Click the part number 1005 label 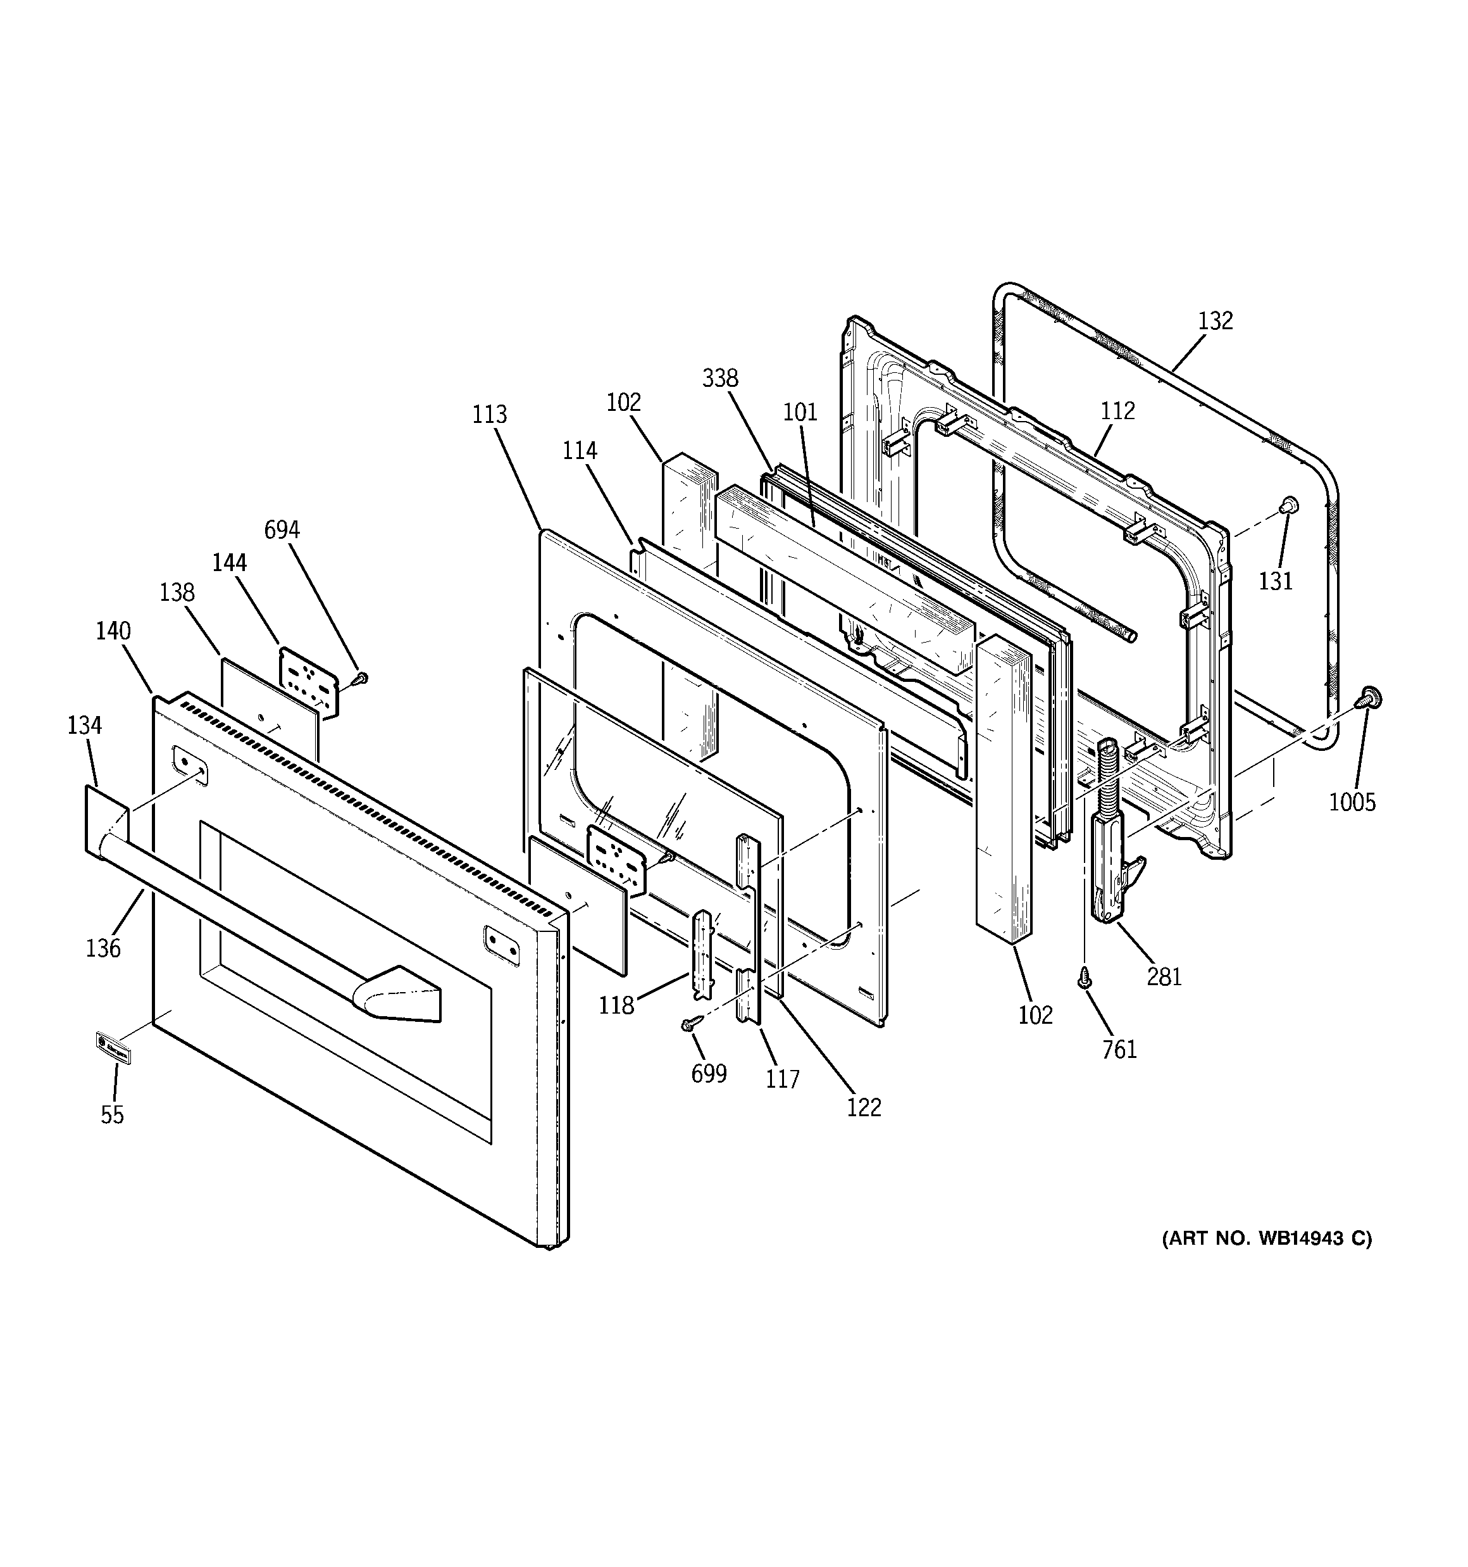tap(1352, 802)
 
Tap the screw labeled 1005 tap(1369, 698)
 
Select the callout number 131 tap(1275, 581)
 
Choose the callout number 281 tap(1164, 977)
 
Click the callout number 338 tap(720, 379)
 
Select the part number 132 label tap(1215, 321)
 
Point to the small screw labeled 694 tap(362, 676)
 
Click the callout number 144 tap(229, 562)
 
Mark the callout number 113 tap(489, 414)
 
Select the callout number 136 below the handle tap(103, 947)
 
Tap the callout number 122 tap(864, 1107)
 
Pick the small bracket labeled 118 tap(701, 953)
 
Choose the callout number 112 tap(1117, 411)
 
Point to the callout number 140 tap(113, 631)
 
